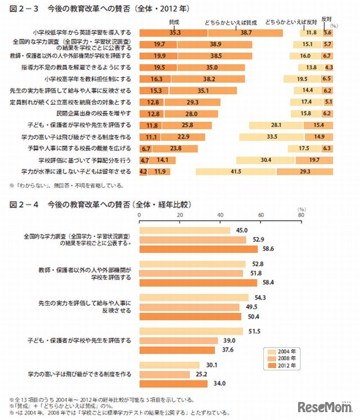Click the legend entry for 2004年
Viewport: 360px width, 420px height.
click(282, 351)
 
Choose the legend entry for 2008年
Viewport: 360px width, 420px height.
click(282, 358)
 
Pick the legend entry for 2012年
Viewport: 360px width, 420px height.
click(282, 365)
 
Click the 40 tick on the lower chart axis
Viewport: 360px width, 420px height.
click(220, 215)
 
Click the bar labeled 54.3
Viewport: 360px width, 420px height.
click(193, 297)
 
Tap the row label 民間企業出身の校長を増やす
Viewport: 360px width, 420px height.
click(84, 113)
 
